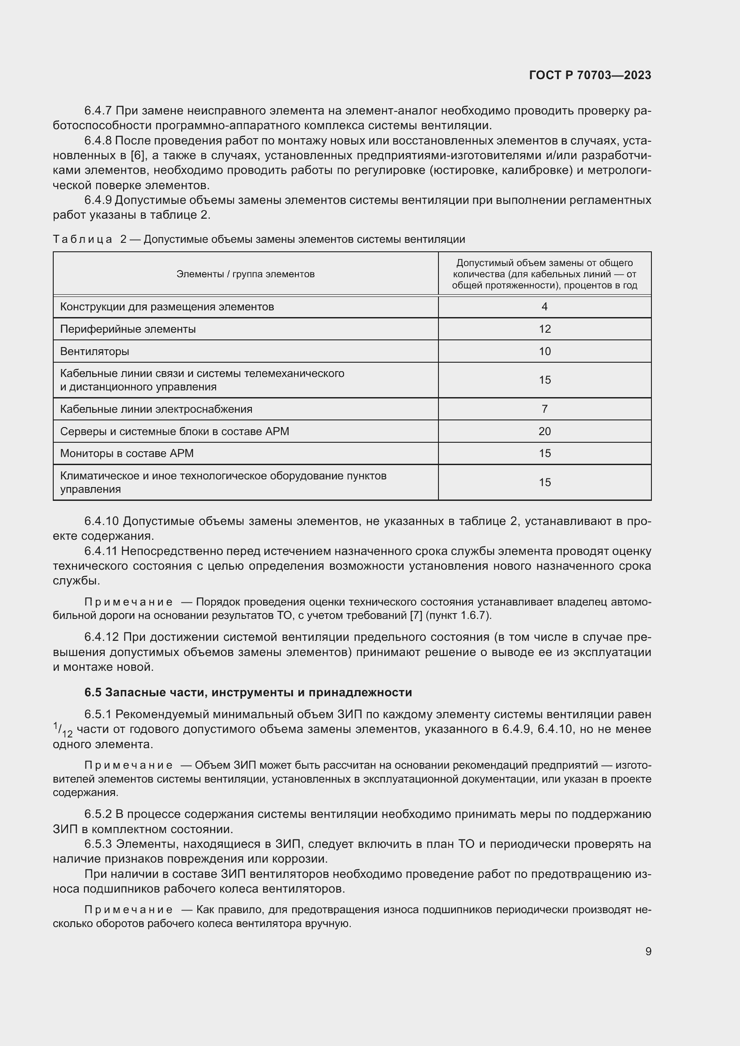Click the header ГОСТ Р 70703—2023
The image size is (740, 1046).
[590, 75]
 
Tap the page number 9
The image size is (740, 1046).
[648, 951]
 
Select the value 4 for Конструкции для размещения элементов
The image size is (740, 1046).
[544, 307]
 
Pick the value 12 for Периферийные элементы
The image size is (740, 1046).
[544, 329]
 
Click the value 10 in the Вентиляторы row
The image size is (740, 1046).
[544, 351]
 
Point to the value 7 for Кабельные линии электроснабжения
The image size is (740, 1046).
[544, 409]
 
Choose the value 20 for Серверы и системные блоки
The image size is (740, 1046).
[544, 431]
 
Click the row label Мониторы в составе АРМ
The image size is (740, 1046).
[127, 453]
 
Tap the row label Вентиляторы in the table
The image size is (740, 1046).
[94, 351]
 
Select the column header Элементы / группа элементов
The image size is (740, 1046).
[245, 274]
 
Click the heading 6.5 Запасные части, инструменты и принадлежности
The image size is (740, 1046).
[248, 692]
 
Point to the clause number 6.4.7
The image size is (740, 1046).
[98, 111]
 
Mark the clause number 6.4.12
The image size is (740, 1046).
[102, 637]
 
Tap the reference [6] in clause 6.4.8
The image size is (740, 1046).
[137, 156]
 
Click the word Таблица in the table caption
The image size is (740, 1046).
[82, 239]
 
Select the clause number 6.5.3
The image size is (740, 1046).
[98, 844]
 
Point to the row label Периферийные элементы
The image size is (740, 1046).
[128, 329]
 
